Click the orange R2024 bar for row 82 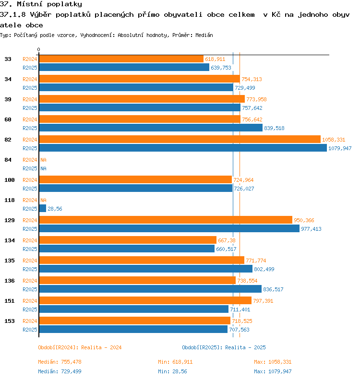coord(180,139)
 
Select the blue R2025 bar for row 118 coord(42,208)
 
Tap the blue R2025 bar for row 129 coord(169,228)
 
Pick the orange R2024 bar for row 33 coord(121,59)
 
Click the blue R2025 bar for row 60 coord(151,128)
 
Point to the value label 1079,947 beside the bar coord(340,148)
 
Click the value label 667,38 coord(227,240)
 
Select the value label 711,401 coord(240,309)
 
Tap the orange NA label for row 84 coord(43,160)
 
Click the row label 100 coord(10,180)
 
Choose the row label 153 coord(10,321)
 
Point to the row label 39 coord(8,99)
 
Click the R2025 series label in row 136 coord(30,289)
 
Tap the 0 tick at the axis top coord(38,49)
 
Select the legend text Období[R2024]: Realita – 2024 coord(80,347)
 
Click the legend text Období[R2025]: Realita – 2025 coord(224,347)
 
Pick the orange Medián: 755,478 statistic coord(60,362)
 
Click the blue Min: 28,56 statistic coord(172,371)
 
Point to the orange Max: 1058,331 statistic coord(273,362)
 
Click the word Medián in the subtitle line coord(204,35)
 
